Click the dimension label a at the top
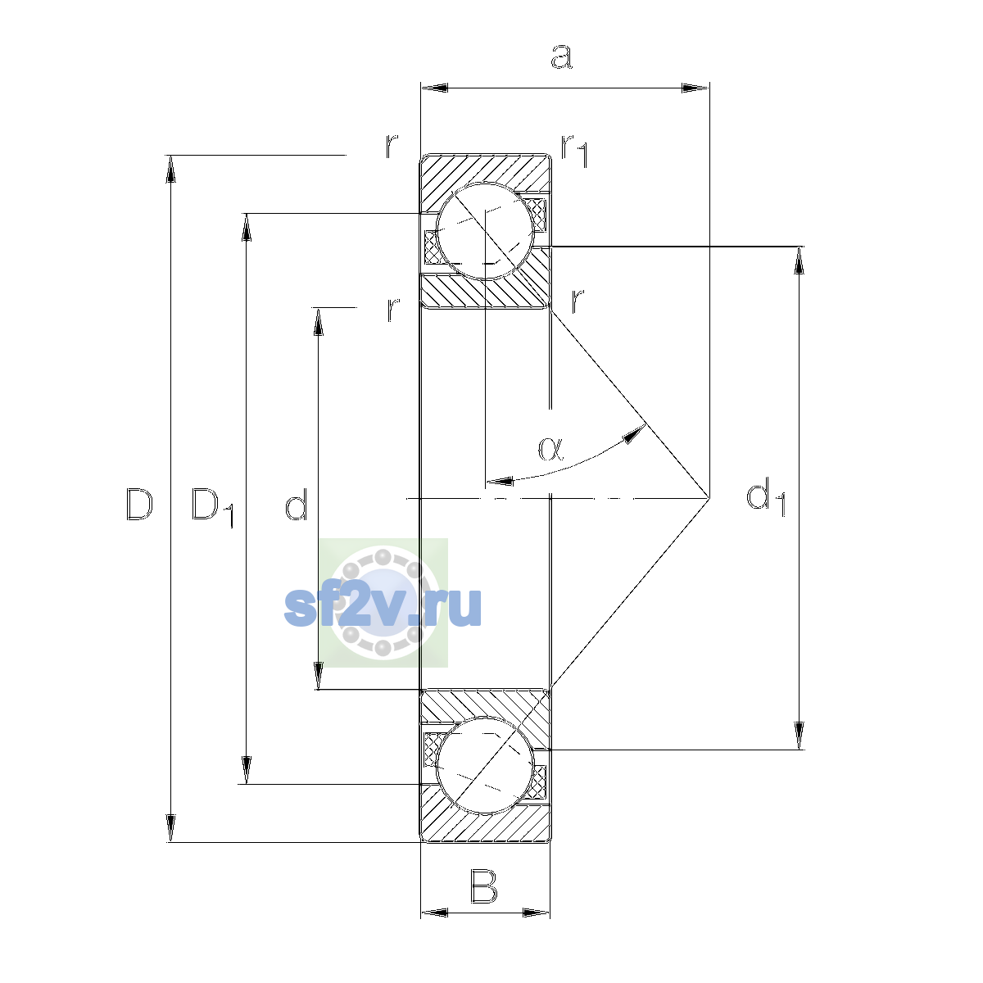click(x=562, y=57)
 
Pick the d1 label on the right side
click(x=765, y=497)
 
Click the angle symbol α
click(x=551, y=449)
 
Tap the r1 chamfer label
click(x=574, y=151)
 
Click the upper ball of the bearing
click(x=485, y=231)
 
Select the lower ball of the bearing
click(x=485, y=765)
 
